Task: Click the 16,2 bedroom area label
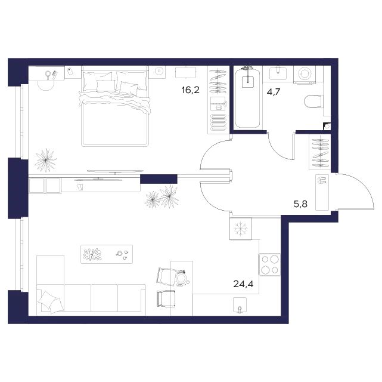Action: [x=191, y=91]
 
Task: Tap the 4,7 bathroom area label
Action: [x=274, y=92]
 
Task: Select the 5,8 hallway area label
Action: [x=300, y=204]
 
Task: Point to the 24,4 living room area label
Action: [x=243, y=284]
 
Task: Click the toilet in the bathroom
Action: [x=314, y=101]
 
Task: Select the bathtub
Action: [x=248, y=98]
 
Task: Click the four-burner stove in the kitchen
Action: [x=270, y=264]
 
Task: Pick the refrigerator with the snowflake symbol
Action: [x=241, y=229]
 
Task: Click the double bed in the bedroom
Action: [x=115, y=109]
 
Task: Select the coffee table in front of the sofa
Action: [x=107, y=254]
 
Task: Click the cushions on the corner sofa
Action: [x=51, y=302]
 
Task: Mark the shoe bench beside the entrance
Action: [x=322, y=192]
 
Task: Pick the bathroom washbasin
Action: [x=278, y=73]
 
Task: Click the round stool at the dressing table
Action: [x=46, y=85]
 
